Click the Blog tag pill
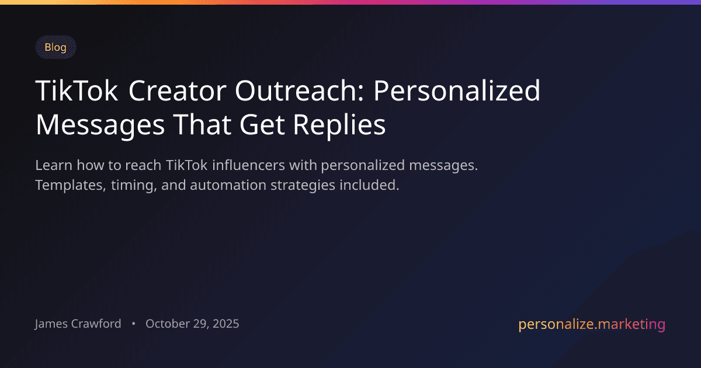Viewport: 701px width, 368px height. [55, 47]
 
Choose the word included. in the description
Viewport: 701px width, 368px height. [372, 186]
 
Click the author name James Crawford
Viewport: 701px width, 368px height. [78, 324]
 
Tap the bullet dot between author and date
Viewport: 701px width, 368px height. [133, 324]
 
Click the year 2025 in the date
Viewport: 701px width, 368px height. [225, 324]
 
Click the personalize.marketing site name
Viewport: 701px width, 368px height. [592, 324]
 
